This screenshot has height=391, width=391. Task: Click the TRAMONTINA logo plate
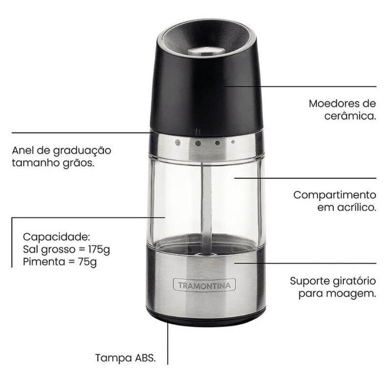tap(204, 285)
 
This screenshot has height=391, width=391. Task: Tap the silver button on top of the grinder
tap(206, 51)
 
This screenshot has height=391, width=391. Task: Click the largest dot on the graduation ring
tap(178, 143)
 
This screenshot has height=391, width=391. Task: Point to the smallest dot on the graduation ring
tap(233, 142)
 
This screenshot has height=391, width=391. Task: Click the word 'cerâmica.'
tap(350, 116)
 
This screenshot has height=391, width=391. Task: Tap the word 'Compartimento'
tap(335, 195)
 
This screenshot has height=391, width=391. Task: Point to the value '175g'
tap(99, 249)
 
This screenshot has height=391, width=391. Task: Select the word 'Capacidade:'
tap(56, 237)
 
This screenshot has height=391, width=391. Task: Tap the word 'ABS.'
tap(145, 358)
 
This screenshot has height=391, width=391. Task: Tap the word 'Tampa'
tap(114, 359)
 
